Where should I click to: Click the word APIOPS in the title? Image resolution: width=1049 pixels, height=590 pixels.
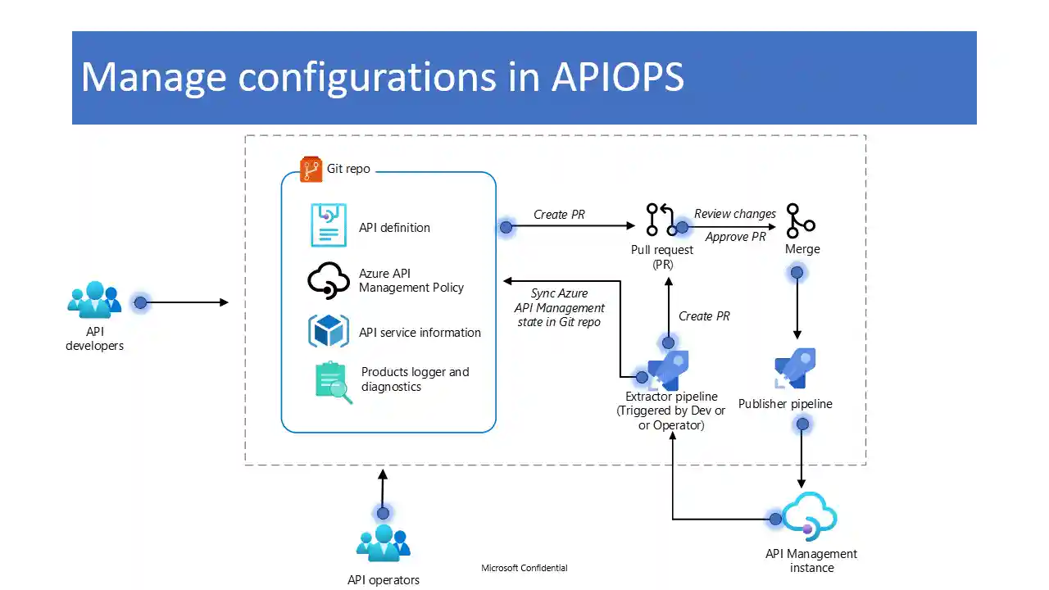click(617, 76)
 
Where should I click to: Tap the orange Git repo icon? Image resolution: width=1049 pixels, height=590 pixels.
click(311, 169)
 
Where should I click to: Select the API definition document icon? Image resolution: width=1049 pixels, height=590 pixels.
click(329, 225)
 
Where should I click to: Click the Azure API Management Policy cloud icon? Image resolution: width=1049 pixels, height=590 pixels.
click(328, 280)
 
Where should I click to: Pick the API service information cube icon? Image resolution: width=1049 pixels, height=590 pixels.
click(329, 331)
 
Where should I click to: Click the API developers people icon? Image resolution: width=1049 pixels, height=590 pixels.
click(94, 301)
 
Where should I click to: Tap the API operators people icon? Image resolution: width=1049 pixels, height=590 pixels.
click(383, 543)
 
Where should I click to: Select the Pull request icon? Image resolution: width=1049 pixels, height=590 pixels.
click(660, 220)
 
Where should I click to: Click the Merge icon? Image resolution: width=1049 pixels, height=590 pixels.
click(800, 220)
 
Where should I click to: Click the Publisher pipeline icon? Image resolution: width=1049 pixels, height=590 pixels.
click(795, 369)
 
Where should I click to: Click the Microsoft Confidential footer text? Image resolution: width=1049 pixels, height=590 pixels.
click(524, 568)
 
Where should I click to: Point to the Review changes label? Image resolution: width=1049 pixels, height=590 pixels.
click(735, 214)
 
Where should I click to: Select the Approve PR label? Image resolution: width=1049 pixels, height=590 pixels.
click(735, 237)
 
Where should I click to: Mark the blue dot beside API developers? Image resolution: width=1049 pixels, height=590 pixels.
click(140, 302)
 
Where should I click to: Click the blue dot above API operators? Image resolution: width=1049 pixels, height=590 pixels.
click(383, 513)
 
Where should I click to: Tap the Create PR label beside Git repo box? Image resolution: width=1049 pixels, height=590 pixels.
click(559, 215)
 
